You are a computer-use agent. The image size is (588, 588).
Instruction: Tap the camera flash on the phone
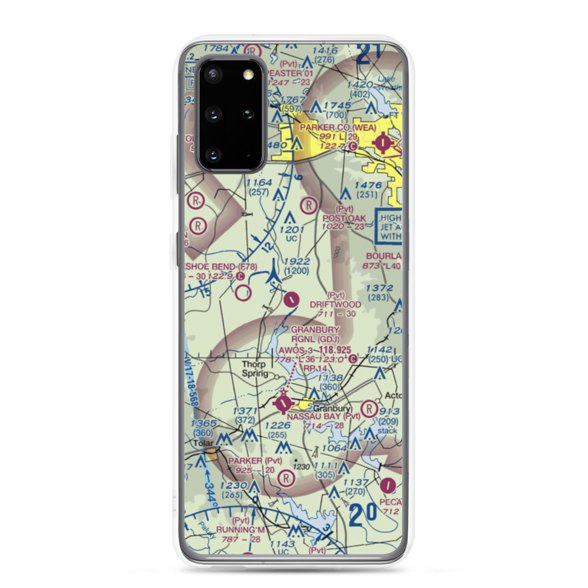[x=248, y=73]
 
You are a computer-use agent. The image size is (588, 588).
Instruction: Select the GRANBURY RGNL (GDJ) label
[x=315, y=334]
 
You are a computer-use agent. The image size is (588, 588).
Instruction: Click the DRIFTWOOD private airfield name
[x=336, y=305]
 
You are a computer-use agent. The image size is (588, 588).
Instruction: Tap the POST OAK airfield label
[x=345, y=218]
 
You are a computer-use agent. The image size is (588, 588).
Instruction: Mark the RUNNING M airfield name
[x=240, y=530]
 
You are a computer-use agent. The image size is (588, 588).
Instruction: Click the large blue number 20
[x=363, y=516]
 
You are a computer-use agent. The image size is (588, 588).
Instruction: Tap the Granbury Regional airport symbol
[x=283, y=403]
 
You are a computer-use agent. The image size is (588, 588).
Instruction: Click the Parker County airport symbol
[x=383, y=142]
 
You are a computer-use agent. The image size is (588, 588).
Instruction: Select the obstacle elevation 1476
[x=369, y=185]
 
